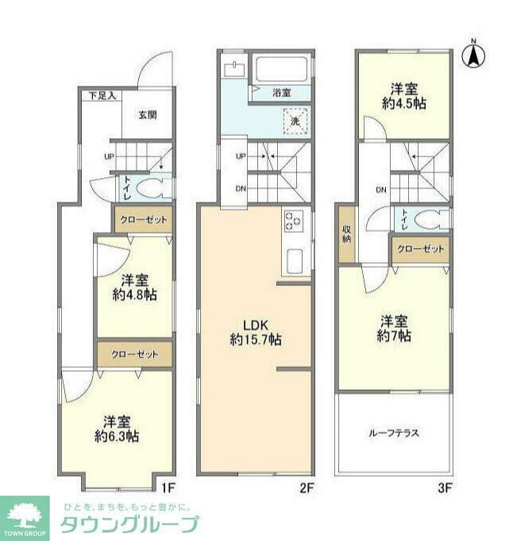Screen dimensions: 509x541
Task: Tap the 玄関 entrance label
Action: click(x=148, y=115)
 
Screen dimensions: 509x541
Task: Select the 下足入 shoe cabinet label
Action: click(x=102, y=96)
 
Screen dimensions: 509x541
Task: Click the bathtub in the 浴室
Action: click(x=281, y=68)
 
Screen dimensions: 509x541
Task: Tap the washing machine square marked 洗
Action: click(x=295, y=121)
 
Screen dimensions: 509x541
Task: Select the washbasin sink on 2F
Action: click(x=234, y=70)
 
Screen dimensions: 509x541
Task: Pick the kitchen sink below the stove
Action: click(x=295, y=261)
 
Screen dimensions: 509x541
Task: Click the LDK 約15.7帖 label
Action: click(x=256, y=333)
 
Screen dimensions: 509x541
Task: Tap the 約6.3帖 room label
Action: click(x=117, y=429)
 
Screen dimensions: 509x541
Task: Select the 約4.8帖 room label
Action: click(x=135, y=288)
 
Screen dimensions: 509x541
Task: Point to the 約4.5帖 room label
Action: click(x=404, y=96)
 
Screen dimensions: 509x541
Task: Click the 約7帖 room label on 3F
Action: click(x=394, y=328)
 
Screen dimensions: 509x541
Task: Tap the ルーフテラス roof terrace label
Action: click(x=394, y=433)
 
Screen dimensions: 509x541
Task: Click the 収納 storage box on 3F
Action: click(x=346, y=234)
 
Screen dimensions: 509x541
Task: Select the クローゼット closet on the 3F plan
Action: click(x=421, y=249)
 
